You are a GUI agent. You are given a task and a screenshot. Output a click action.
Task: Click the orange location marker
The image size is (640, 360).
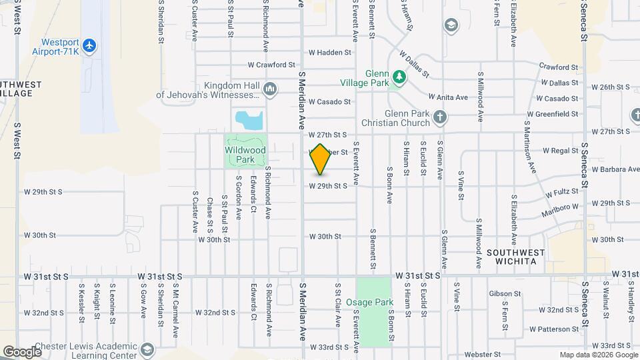point(321,159)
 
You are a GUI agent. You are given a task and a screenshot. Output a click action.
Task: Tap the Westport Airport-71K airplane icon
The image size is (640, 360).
point(91,45)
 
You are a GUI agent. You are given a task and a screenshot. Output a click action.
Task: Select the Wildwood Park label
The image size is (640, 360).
point(245,155)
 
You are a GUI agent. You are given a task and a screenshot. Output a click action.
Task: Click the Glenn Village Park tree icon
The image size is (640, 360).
point(399,78)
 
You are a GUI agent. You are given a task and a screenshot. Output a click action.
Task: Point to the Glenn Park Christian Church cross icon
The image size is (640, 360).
point(439,117)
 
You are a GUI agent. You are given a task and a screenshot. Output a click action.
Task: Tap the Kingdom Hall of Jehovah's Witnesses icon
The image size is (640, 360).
point(270,88)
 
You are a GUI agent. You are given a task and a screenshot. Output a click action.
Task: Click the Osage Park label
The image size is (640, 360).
point(374,302)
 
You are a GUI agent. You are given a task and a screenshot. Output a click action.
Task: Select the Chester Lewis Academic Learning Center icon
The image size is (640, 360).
point(147,349)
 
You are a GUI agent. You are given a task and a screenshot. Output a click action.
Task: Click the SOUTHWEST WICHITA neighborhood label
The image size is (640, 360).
point(515,257)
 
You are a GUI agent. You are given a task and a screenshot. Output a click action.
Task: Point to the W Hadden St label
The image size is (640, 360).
point(329,52)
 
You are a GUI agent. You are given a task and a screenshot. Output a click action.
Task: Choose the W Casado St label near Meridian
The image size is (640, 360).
point(329,101)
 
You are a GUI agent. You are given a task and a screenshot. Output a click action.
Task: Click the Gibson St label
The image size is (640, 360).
point(505,293)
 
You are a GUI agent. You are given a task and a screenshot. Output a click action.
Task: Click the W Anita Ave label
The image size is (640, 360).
point(448,97)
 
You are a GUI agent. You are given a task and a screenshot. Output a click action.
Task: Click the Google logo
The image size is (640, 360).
point(22,351)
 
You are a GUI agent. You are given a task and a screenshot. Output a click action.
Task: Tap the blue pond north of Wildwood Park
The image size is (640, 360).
point(248,121)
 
